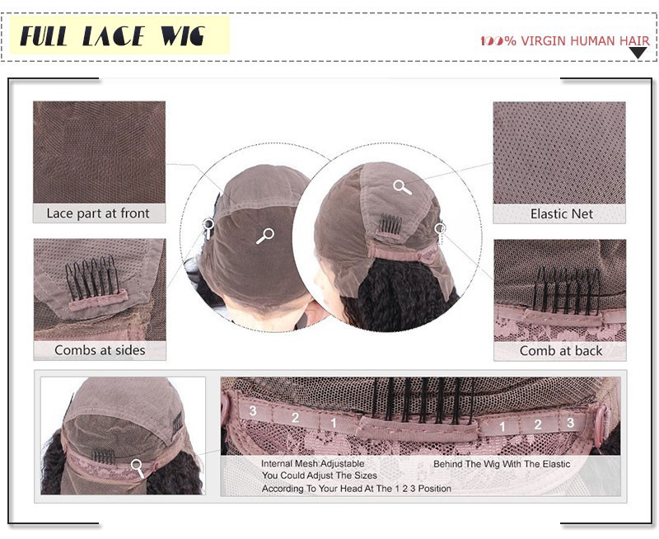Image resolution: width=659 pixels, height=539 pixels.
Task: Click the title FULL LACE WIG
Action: coord(112,35)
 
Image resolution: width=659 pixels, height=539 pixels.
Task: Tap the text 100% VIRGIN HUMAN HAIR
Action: coord(565,40)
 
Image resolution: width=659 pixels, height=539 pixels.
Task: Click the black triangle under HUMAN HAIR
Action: coord(638,53)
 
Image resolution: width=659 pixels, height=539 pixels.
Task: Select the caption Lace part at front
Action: coord(98,213)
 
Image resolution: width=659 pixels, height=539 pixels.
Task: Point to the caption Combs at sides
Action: coord(100,349)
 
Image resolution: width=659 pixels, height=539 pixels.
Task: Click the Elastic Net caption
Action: coord(562,213)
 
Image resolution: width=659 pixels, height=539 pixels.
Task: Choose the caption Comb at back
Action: coord(561,350)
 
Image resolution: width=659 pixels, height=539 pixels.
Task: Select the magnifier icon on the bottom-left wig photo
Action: coord(138,468)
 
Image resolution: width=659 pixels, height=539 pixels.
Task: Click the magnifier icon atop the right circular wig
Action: coord(402,187)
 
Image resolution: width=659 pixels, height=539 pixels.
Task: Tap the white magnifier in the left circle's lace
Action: coord(265,236)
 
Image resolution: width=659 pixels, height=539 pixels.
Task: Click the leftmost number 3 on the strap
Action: coord(253,410)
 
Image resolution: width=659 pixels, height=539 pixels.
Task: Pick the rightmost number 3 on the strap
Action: coord(570,422)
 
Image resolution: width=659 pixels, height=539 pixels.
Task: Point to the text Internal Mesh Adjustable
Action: coord(313,463)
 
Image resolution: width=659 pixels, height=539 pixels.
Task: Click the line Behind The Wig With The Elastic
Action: coord(502,464)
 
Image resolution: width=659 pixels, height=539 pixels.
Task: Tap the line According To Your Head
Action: coord(357,489)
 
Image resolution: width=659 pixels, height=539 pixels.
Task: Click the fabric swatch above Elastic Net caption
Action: coord(559,153)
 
